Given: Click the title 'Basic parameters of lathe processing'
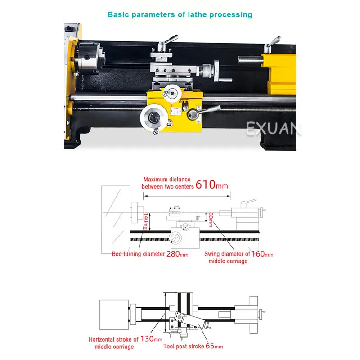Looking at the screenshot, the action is point(180,14).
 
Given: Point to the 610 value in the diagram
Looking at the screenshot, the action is point(206,185).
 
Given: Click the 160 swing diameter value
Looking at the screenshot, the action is point(258,254).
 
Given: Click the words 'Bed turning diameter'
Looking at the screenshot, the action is point(139,254).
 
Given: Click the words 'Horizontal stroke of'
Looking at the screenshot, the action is point(114,339).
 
